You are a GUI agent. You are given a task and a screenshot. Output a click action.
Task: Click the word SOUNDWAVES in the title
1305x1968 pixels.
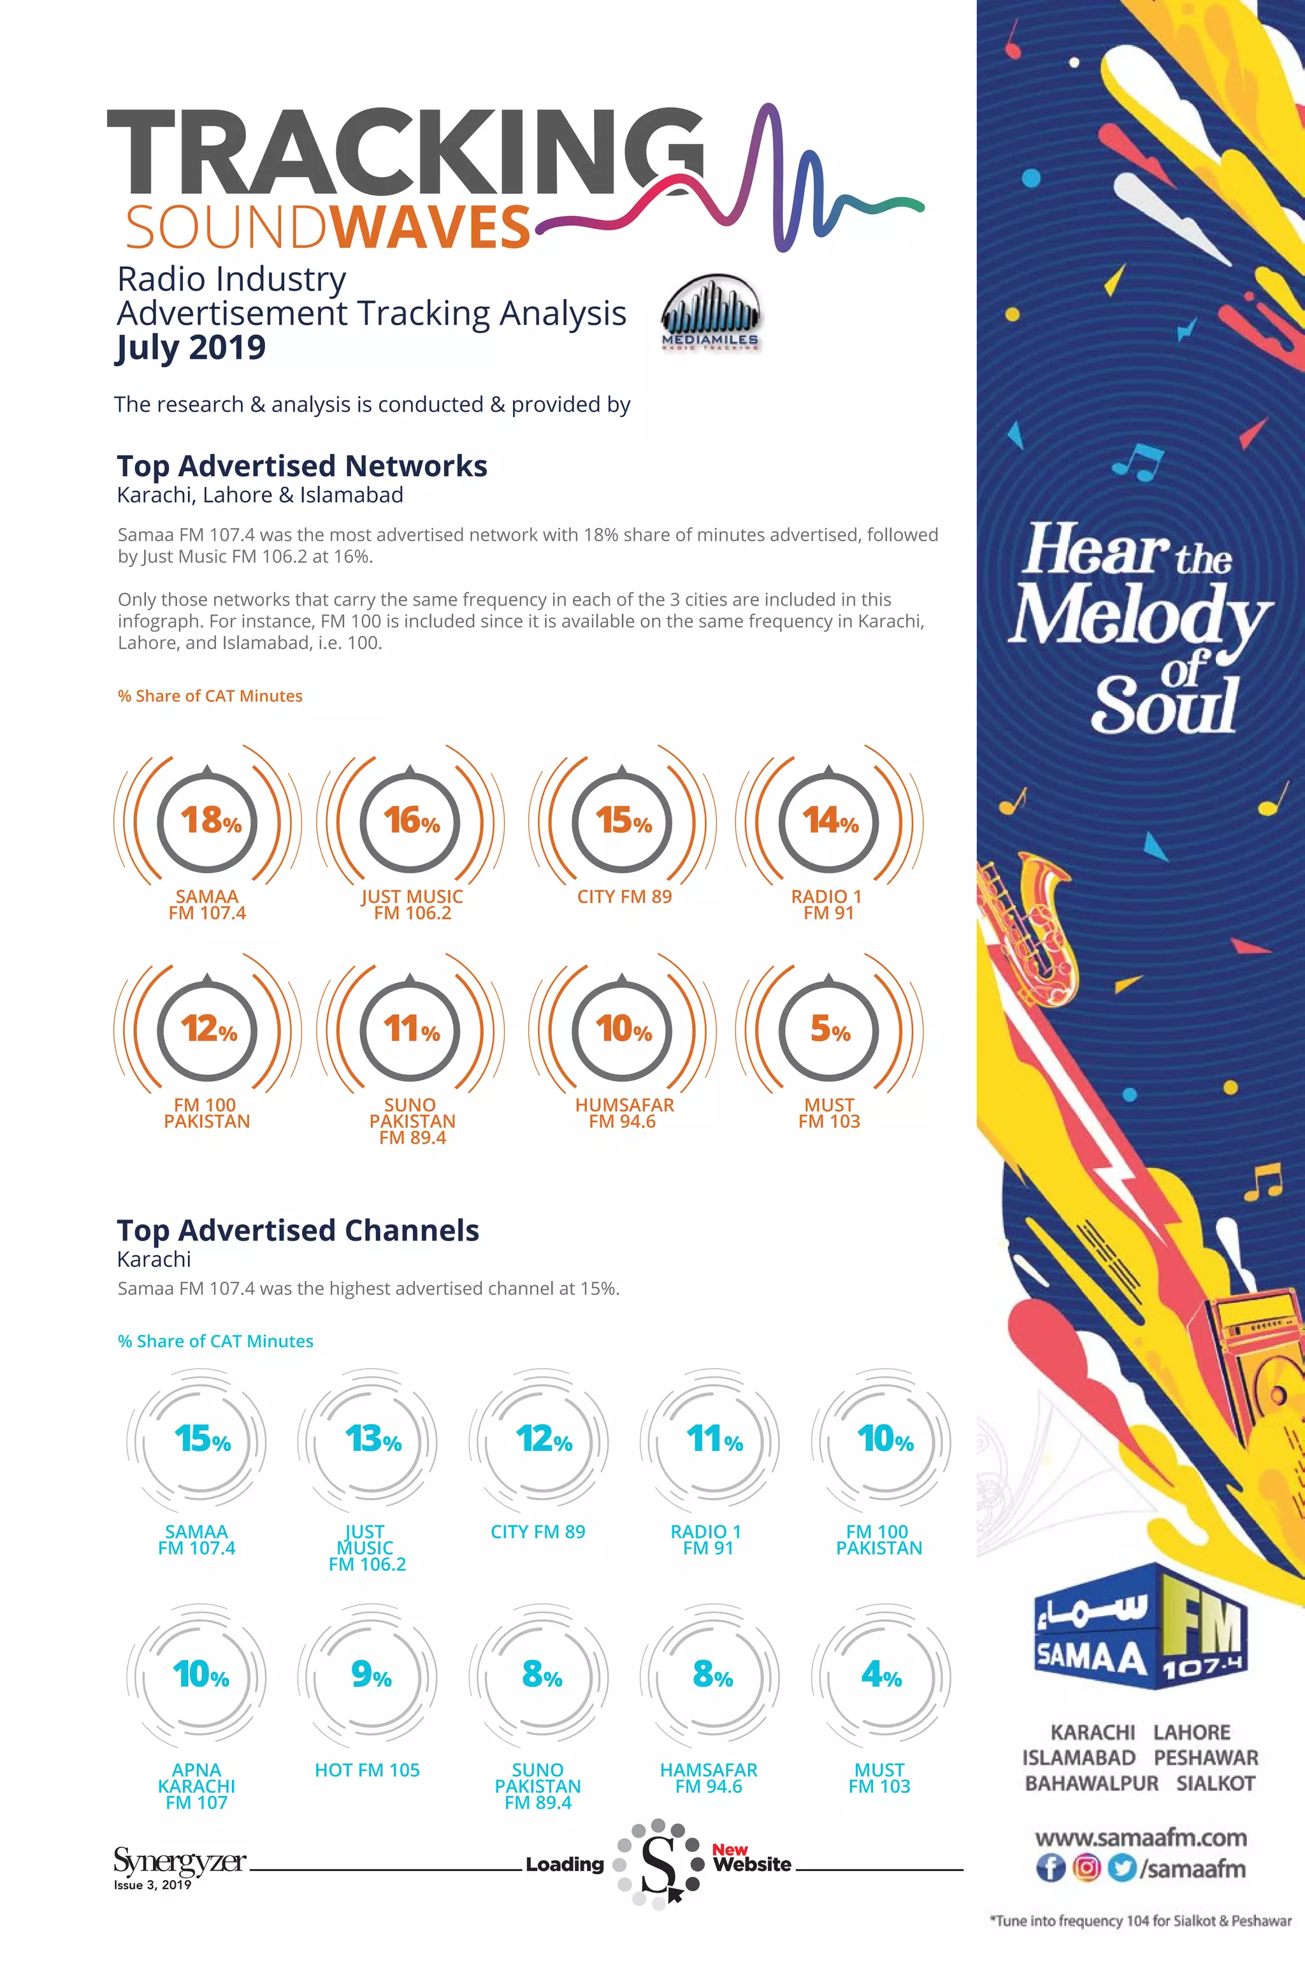pyautogui.click(x=328, y=226)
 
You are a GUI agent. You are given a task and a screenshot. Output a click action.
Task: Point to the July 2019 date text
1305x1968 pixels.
pyautogui.click(x=191, y=347)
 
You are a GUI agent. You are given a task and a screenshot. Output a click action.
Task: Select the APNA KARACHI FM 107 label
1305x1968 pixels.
pyautogui.click(x=196, y=1786)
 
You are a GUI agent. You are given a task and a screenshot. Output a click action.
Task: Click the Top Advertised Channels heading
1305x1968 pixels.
pyautogui.click(x=298, y=1230)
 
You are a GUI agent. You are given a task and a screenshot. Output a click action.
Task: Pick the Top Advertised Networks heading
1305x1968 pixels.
pyautogui.click(x=302, y=466)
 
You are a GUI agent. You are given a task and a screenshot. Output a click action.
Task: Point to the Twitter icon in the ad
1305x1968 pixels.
pyautogui.click(x=1122, y=1868)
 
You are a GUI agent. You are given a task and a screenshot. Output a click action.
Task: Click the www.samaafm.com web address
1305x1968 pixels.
pyautogui.click(x=1140, y=1837)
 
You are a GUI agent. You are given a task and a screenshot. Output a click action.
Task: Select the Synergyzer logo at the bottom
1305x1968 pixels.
pyautogui.click(x=180, y=1862)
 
